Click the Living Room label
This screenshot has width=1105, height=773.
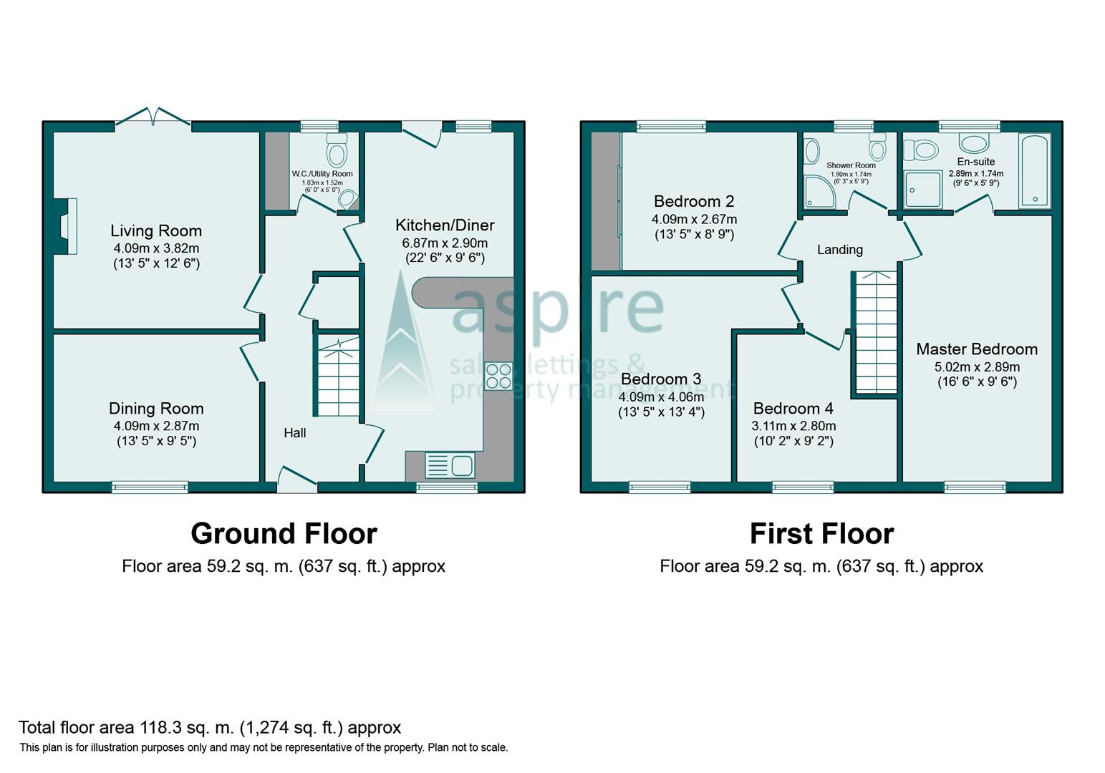point(155,230)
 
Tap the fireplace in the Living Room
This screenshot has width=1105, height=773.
point(67,226)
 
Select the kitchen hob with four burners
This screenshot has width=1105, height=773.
point(498,376)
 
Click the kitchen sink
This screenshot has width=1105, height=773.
point(450,465)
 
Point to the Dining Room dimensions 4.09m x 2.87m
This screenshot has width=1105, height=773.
point(156,425)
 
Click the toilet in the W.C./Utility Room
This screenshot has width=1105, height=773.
point(336,151)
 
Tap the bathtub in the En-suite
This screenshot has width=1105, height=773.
point(1034,170)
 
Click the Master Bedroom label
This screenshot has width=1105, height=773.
point(977,349)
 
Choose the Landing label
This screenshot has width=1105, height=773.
point(840,250)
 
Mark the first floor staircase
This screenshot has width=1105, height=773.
point(875,333)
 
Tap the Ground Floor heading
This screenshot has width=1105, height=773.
point(284,534)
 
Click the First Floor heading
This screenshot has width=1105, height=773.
point(821,534)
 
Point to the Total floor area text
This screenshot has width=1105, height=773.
point(210,728)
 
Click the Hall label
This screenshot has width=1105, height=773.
point(294,433)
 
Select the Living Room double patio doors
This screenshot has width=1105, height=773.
point(153,118)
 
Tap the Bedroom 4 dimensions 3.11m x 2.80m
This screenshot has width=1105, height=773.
point(793,425)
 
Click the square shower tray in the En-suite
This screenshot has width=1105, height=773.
point(922,189)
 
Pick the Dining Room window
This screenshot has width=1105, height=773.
point(150,487)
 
